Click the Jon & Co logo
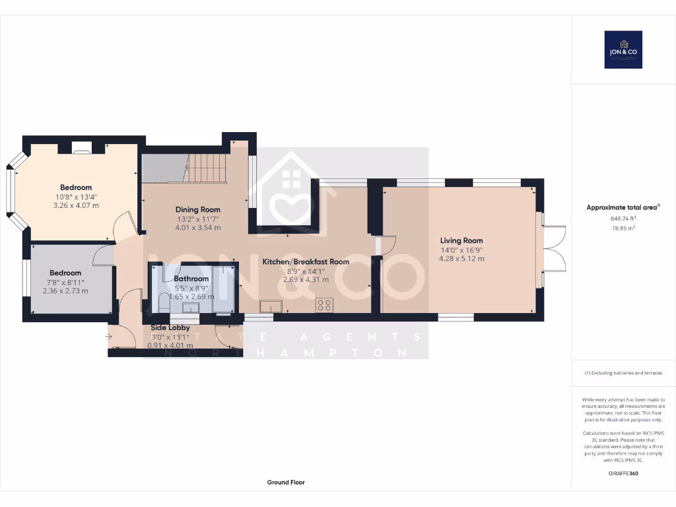[623, 50]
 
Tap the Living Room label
[461, 241]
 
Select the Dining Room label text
[197, 210]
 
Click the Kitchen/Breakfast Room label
[306, 262]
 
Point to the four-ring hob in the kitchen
[325, 305]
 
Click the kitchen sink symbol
[271, 305]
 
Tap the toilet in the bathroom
[164, 303]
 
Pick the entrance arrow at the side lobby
[108, 337]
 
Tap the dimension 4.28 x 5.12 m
[461, 259]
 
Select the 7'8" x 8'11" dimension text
[65, 282]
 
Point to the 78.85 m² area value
[623, 228]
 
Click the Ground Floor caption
[286, 483]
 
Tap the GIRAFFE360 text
[623, 473]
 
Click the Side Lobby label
[170, 327]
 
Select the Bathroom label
[191, 279]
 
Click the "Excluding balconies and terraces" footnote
[623, 373]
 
